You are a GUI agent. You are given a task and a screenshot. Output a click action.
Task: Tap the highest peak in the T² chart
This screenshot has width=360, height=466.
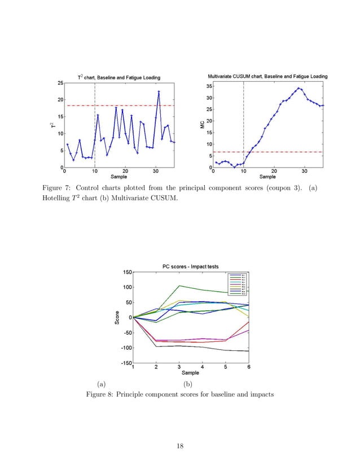click(159, 91)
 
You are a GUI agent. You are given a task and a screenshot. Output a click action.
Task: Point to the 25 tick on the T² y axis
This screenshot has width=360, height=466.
click(60, 83)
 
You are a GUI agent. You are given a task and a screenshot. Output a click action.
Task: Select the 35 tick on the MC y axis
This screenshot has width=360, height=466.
click(209, 86)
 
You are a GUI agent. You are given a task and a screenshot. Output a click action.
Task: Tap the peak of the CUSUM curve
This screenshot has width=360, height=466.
click(298, 88)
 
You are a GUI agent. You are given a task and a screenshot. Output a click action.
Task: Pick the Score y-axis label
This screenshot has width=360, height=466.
click(117, 318)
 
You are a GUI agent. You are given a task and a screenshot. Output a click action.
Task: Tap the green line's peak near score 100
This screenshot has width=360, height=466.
click(179, 286)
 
